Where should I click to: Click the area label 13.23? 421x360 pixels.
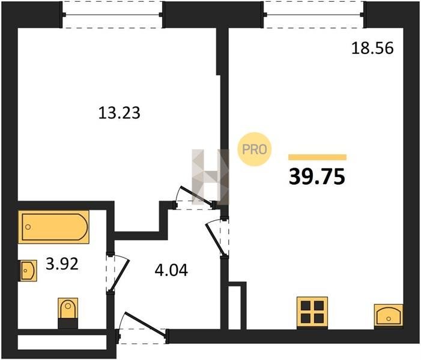[x=119, y=113]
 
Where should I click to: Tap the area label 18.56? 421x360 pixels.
[x=372, y=49]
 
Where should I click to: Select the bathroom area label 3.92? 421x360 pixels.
[x=62, y=263]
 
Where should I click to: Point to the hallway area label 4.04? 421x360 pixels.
[x=171, y=270]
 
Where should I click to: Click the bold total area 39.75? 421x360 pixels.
[x=317, y=177]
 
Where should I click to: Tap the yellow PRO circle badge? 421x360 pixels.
[x=254, y=149]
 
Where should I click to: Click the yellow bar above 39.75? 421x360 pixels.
[x=317, y=157]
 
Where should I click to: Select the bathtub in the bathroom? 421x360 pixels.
[x=53, y=227]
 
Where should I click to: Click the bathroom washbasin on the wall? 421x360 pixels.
[x=28, y=271]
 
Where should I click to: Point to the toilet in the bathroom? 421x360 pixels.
[x=68, y=313]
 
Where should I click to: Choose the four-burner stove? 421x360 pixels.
[x=312, y=313]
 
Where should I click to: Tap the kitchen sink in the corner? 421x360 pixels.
[x=389, y=316]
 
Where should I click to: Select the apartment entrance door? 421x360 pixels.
[x=142, y=327]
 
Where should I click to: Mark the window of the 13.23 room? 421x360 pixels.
[x=112, y=15]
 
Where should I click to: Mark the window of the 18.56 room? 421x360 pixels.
[x=314, y=15]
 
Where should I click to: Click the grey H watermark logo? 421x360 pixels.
[x=210, y=177]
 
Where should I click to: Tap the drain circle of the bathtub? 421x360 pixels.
[x=28, y=227]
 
